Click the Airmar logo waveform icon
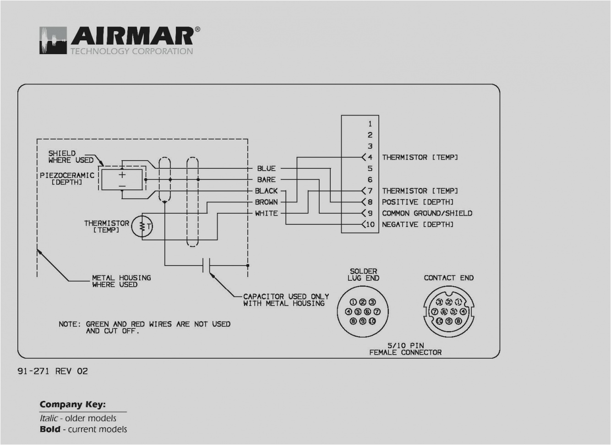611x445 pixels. pyautogui.click(x=53, y=40)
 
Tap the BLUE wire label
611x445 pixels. pyautogui.click(x=266, y=168)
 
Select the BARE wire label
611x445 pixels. pyautogui.click(x=266, y=179)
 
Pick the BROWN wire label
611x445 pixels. pyautogui.click(x=266, y=202)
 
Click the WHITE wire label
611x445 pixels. pyautogui.click(x=266, y=213)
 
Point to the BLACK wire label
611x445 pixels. pyautogui.click(x=266, y=191)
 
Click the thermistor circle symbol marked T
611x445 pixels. pyautogui.click(x=142, y=226)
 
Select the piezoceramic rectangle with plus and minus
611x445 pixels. pyautogui.click(x=122, y=179)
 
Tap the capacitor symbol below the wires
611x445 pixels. pyautogui.click(x=207, y=265)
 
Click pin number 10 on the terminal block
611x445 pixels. pyautogui.click(x=370, y=224)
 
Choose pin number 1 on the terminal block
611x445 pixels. pyautogui.click(x=370, y=124)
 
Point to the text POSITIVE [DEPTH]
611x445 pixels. pyautogui.click(x=418, y=202)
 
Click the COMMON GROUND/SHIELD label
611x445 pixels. pyautogui.click(x=427, y=213)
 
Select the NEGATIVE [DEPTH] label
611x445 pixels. pyautogui.click(x=418, y=224)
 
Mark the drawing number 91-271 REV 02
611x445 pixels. pyautogui.click(x=53, y=371)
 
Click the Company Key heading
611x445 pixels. pyautogui.click(x=72, y=405)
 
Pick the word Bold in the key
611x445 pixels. pyautogui.click(x=50, y=429)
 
